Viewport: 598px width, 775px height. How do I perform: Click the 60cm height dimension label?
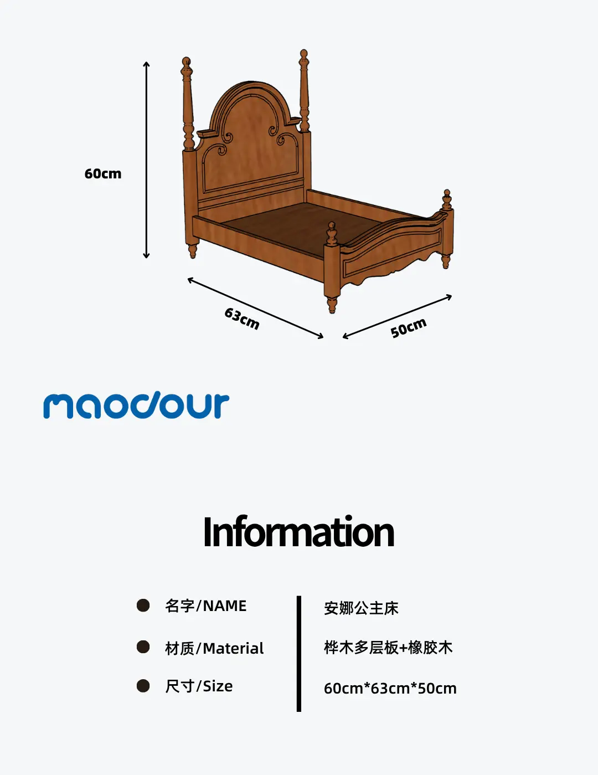point(103,174)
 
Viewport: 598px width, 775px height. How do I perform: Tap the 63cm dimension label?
point(242,319)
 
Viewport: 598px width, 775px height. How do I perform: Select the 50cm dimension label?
point(409,327)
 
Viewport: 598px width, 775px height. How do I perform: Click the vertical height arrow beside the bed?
point(146,160)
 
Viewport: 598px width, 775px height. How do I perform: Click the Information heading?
point(298,531)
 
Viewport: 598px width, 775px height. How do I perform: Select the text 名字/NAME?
point(205,606)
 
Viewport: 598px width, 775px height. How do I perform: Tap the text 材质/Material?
point(214,648)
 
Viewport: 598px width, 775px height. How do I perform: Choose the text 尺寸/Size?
point(199,686)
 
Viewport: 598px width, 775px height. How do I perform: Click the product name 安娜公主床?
point(361,608)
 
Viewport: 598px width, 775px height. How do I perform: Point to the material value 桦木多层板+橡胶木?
point(388,648)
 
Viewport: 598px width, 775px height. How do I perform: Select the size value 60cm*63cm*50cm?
point(390,689)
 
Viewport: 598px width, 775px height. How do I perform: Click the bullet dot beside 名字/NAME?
point(143,605)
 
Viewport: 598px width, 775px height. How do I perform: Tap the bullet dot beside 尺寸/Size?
point(143,685)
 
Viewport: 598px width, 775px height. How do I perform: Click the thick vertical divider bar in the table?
point(298,653)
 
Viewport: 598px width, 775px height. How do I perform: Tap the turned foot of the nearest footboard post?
point(332,304)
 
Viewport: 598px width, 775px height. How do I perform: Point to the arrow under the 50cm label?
point(397,316)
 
